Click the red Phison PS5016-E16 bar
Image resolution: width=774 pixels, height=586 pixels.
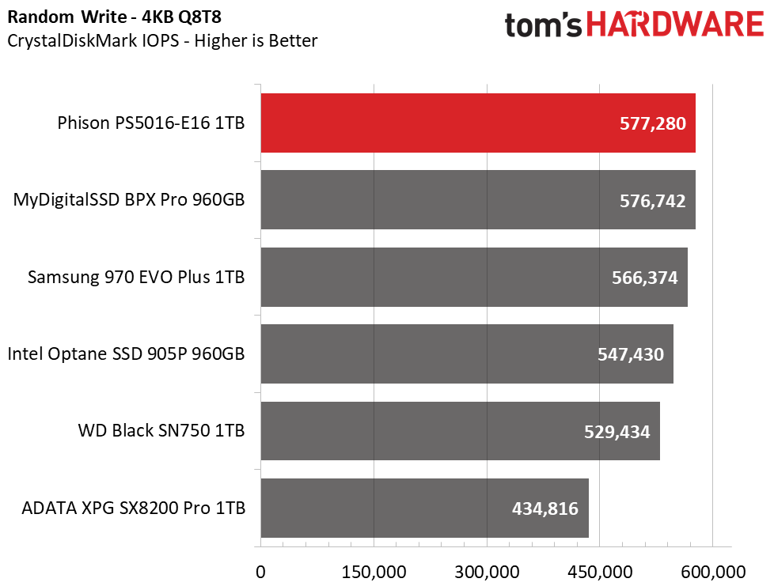tap(478, 123)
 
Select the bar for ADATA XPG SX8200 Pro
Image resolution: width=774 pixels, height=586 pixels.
tap(424, 508)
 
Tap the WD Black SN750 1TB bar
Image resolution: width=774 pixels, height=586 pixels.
tap(460, 431)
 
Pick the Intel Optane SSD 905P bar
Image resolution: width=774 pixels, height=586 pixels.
tap(467, 353)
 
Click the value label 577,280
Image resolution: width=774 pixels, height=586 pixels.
tap(653, 123)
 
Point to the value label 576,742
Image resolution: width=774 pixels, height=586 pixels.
tap(653, 201)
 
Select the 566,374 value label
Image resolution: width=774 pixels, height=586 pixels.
tap(645, 278)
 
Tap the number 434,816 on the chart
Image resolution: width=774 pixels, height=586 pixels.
tap(545, 508)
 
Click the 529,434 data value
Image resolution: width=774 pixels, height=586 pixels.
tap(617, 432)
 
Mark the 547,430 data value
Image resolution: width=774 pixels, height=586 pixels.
tap(631, 354)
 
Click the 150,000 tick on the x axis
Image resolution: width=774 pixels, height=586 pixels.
tap(374, 573)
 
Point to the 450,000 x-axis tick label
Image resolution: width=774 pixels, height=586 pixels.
tap(600, 573)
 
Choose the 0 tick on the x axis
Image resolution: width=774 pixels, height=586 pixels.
tap(260, 573)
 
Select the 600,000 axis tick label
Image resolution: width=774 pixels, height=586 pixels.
tap(713, 573)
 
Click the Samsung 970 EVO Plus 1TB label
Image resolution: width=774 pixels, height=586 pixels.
tap(136, 278)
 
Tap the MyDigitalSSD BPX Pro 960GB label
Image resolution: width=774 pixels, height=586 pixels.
tap(129, 200)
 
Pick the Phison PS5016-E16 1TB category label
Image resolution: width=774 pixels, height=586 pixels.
tap(151, 123)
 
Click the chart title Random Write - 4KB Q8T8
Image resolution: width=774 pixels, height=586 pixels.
tap(115, 17)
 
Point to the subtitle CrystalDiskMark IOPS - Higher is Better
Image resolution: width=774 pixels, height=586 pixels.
tap(162, 40)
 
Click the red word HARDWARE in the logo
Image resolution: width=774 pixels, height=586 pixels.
tap(675, 25)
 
